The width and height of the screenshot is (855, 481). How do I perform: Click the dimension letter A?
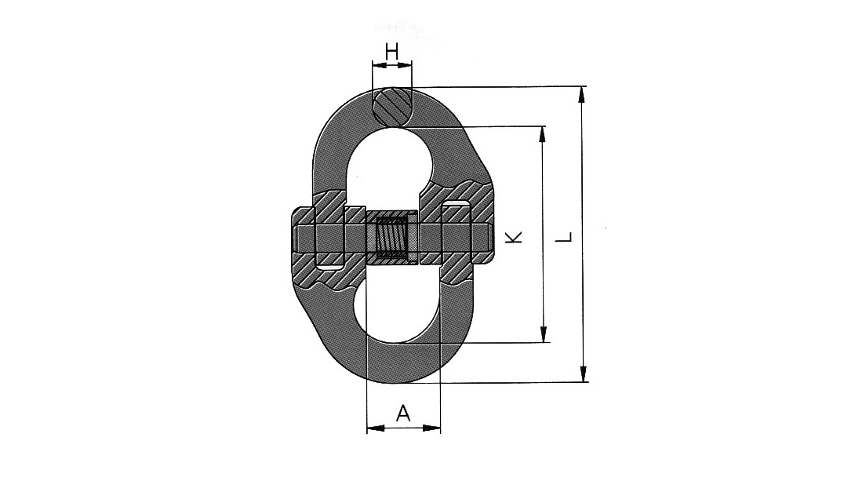click(403, 413)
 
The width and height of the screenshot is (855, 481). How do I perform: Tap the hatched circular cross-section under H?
click(391, 106)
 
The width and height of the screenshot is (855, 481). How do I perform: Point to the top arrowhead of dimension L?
click(582, 93)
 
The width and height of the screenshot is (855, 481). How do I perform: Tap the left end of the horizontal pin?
click(297, 238)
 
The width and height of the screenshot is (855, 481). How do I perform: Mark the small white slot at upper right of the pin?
click(457, 206)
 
